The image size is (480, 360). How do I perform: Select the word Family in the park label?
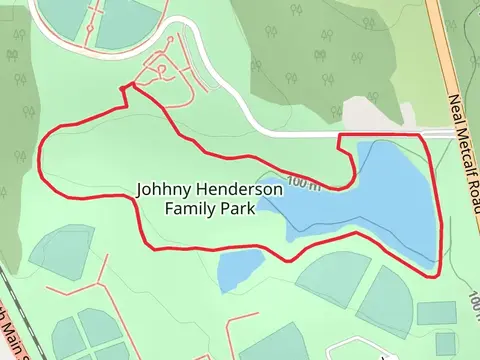click(x=189, y=209)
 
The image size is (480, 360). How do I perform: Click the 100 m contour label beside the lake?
click(x=302, y=182)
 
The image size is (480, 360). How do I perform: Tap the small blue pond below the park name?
click(x=240, y=267)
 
